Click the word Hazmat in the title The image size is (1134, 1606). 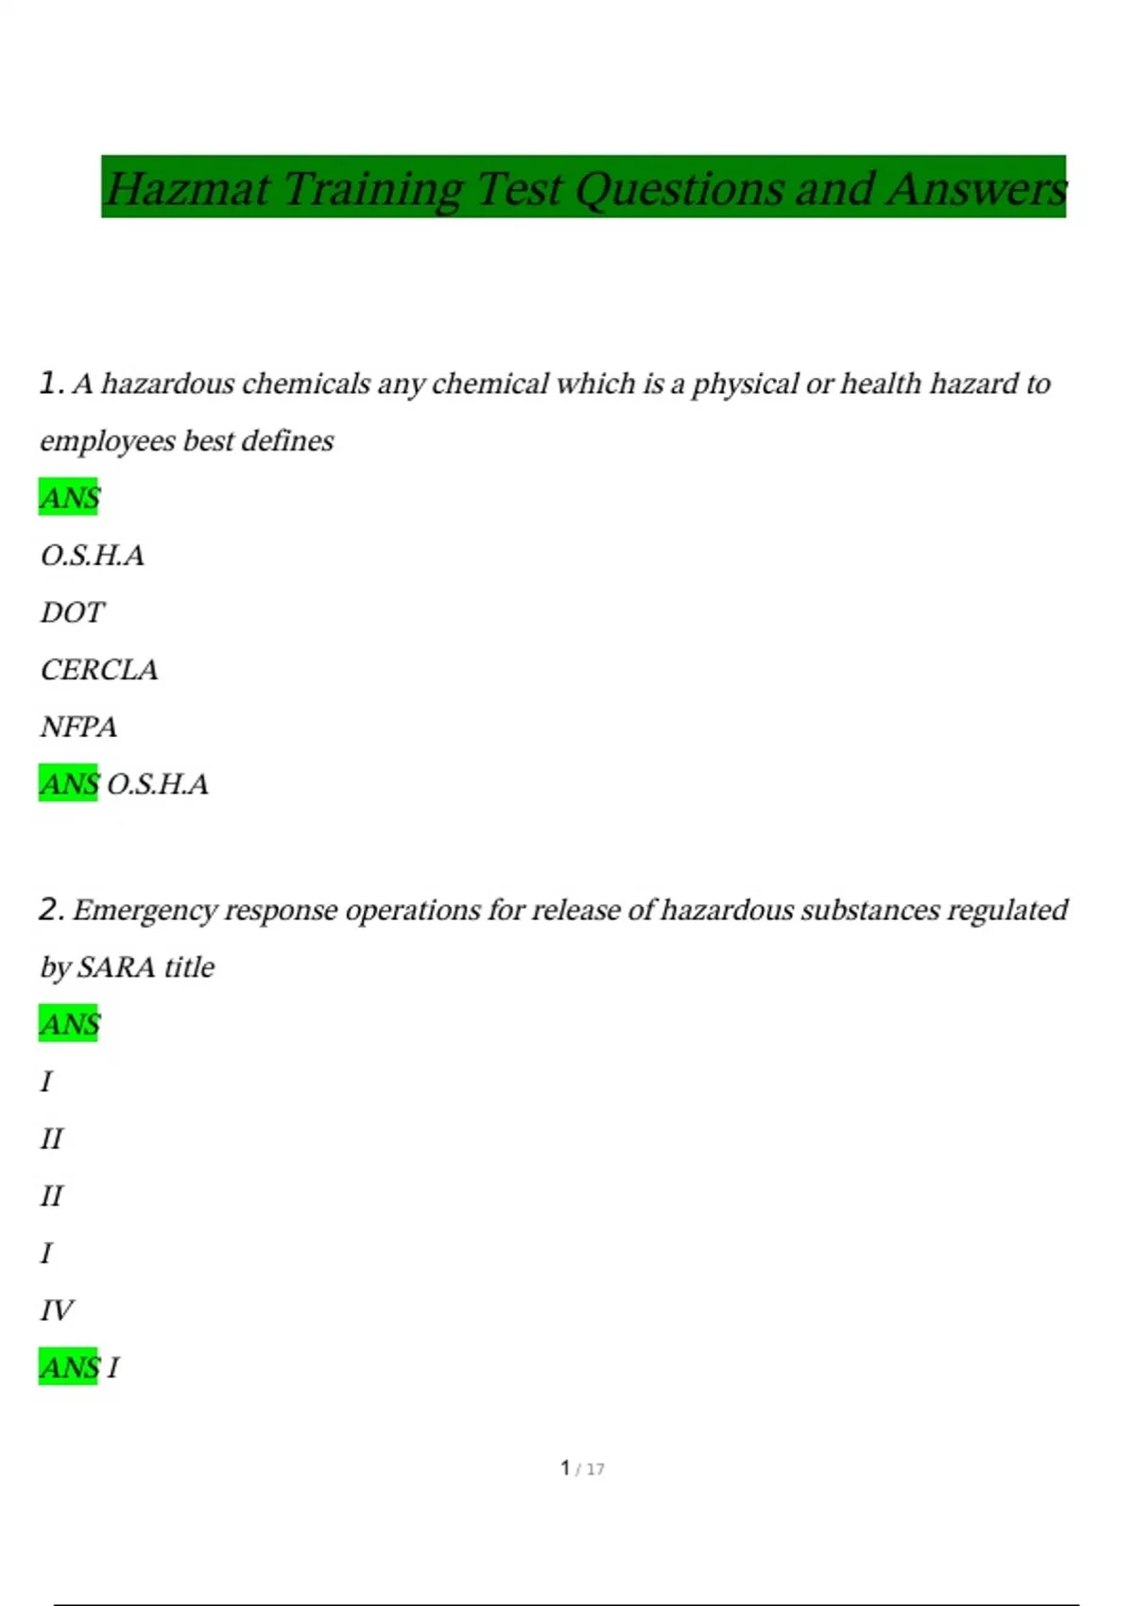[x=187, y=188]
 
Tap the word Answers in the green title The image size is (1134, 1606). [x=976, y=188]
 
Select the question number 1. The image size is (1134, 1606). [x=50, y=384]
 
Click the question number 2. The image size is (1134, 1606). [x=50, y=910]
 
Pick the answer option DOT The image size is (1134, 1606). [x=72, y=613]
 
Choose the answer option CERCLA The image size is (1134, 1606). [x=99, y=670]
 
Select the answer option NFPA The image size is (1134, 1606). [x=78, y=727]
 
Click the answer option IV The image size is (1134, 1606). [x=57, y=1310]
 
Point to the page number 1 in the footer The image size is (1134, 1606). [x=565, y=1468]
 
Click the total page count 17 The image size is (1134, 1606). [x=595, y=1469]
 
